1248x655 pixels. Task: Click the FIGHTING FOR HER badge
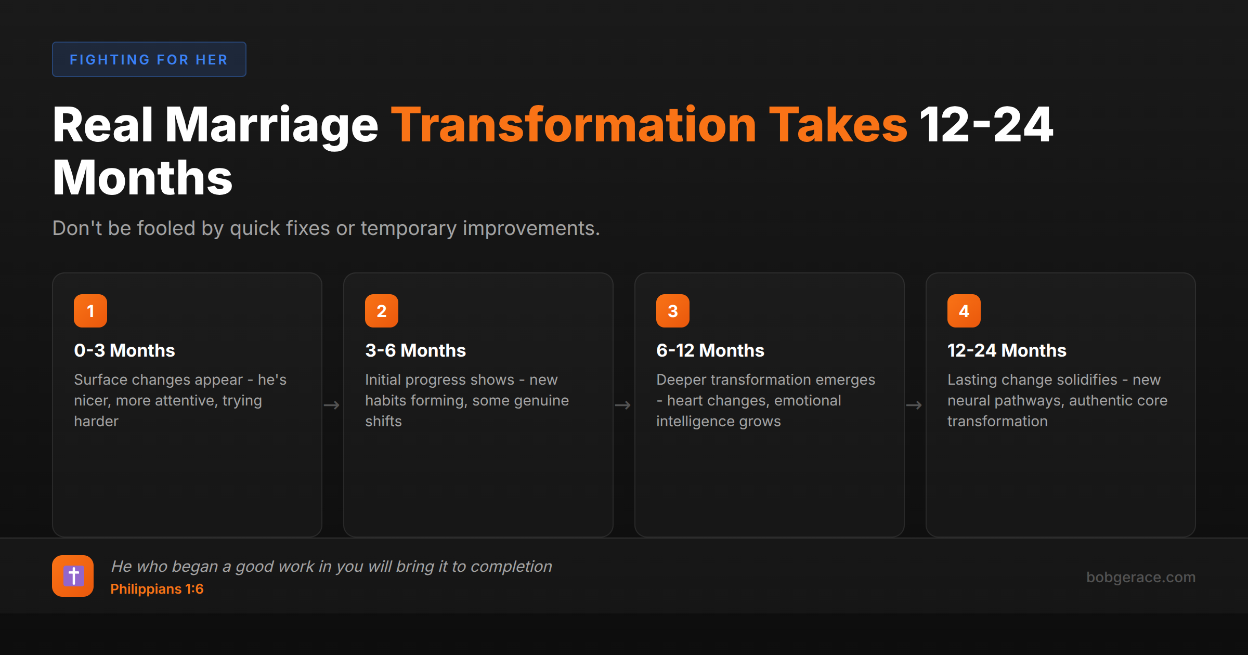point(149,59)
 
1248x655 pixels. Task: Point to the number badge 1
point(90,311)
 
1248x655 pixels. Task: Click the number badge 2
point(382,311)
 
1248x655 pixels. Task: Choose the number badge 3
point(673,311)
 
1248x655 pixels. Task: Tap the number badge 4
point(964,311)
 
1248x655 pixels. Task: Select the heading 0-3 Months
point(124,350)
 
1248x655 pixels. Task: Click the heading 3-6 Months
point(415,350)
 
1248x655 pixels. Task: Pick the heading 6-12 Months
point(710,350)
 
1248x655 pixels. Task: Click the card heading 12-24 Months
point(1007,350)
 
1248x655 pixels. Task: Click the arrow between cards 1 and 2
point(332,405)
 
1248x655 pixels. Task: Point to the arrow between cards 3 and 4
point(914,405)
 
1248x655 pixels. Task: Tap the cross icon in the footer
point(73,576)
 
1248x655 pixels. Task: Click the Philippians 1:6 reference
point(157,589)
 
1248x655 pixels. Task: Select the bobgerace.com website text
point(1140,577)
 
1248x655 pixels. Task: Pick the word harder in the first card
point(96,421)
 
